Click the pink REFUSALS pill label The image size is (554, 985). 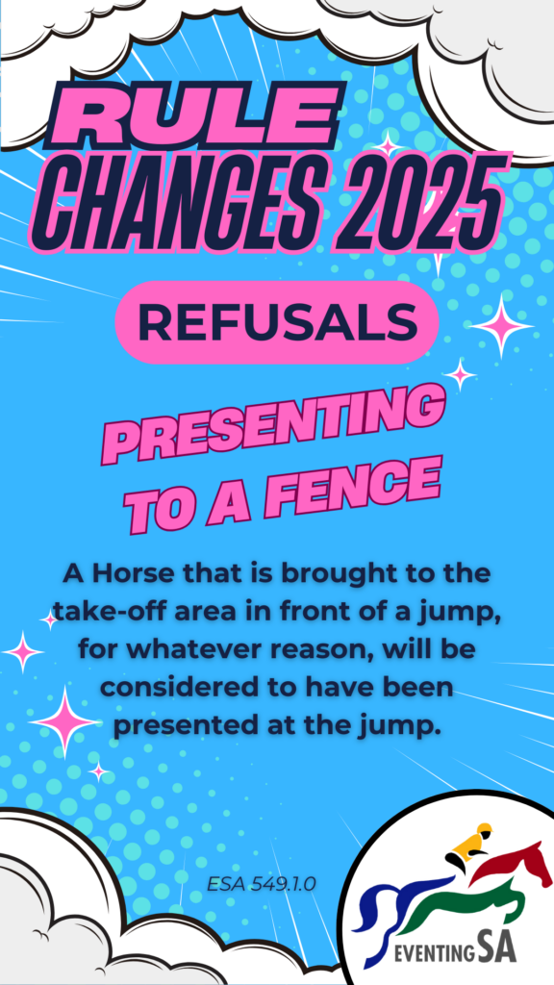(277, 322)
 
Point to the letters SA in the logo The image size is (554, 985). (497, 947)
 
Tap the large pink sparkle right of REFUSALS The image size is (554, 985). (501, 325)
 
